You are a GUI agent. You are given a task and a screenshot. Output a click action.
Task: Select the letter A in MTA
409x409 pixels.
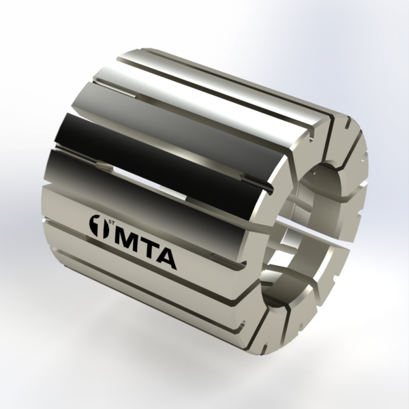point(166,259)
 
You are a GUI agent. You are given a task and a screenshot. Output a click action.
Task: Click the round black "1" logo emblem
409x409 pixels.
point(99,226)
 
